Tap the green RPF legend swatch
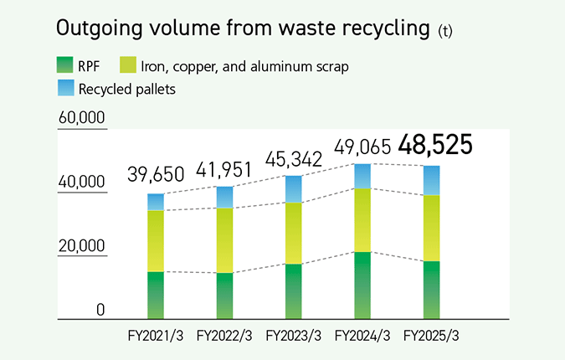(x=64, y=64)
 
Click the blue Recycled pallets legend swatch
(x=64, y=87)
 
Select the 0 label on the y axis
(x=100, y=310)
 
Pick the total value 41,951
(x=224, y=169)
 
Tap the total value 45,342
(x=294, y=158)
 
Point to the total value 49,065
(x=362, y=148)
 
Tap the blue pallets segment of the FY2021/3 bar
(x=156, y=202)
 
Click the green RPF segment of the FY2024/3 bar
(x=362, y=285)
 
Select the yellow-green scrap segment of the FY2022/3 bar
(x=224, y=239)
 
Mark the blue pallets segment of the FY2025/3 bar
(x=432, y=180)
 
